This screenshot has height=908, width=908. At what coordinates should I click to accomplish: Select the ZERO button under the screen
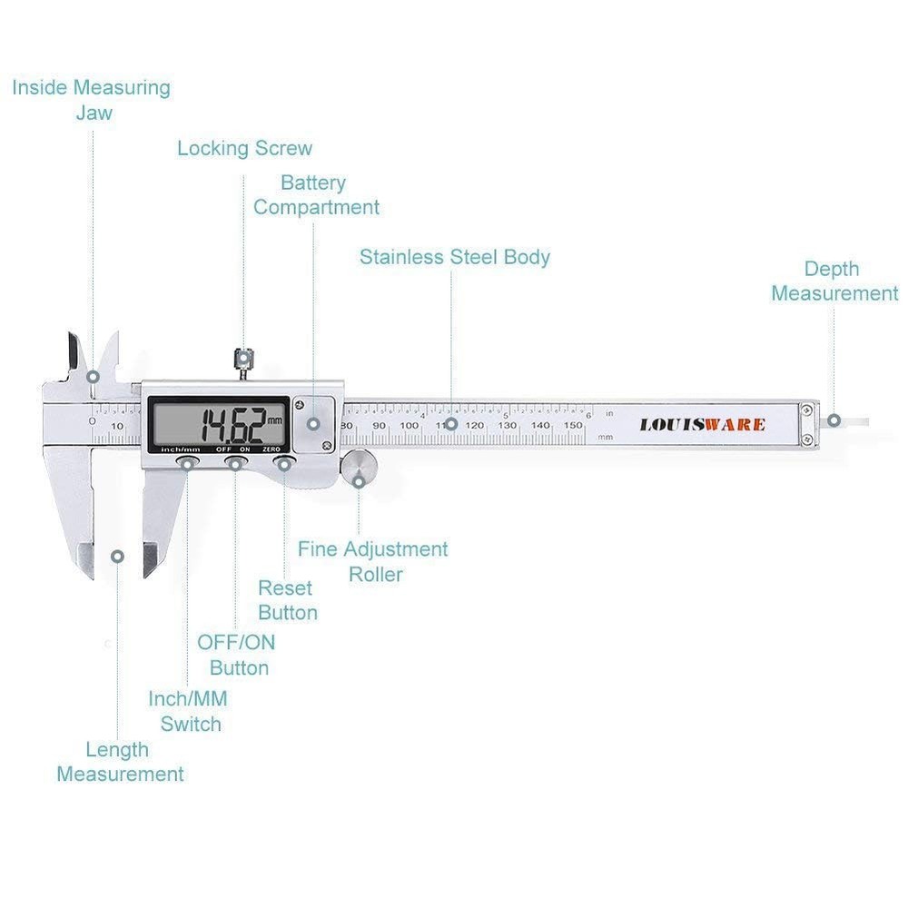(285, 465)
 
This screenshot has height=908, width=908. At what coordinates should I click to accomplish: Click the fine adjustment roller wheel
(359, 469)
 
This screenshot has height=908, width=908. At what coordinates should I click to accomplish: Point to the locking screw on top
(242, 360)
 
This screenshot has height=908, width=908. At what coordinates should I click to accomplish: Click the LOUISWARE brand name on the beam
(702, 425)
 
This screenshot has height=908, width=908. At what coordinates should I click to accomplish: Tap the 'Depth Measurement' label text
(834, 281)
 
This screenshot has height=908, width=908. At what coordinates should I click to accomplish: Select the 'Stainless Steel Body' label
(454, 257)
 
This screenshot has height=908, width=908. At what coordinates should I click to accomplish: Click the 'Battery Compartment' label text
(315, 195)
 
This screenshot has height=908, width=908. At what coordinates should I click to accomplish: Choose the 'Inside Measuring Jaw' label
(91, 100)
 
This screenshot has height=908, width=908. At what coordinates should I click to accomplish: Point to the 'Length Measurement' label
(119, 762)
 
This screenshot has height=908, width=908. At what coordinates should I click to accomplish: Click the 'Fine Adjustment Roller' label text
(373, 562)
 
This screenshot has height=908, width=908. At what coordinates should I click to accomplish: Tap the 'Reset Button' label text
(287, 600)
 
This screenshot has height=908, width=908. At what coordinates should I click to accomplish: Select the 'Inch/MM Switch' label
(189, 712)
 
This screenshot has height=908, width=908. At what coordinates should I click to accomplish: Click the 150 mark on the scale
(573, 425)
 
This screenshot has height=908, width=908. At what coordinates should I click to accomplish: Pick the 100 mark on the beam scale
(410, 425)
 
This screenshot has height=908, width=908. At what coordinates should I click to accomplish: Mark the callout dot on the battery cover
(313, 423)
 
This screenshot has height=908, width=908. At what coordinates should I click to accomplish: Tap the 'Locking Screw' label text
(244, 148)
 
